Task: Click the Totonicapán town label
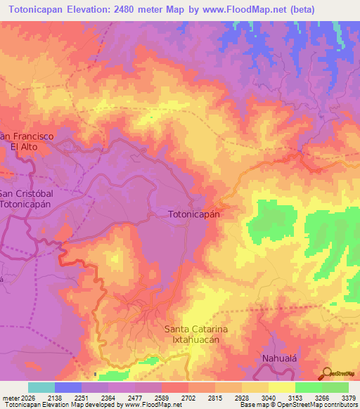point(195,214)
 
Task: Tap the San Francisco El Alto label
point(27,141)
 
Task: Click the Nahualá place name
point(282,357)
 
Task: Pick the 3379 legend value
point(347,397)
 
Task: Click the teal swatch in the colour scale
point(41,387)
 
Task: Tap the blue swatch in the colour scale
point(68,387)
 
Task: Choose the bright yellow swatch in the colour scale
point(281,387)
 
